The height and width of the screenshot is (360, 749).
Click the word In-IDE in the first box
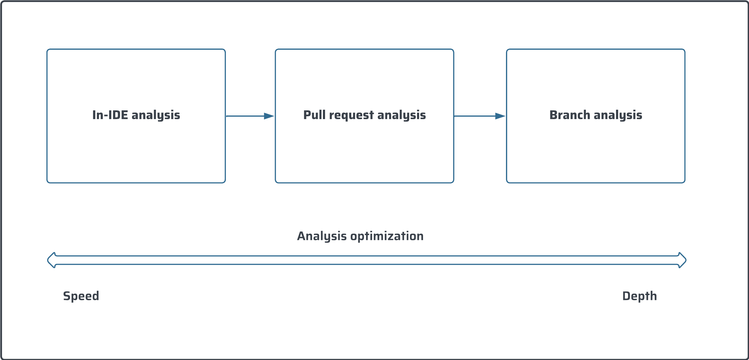pos(110,115)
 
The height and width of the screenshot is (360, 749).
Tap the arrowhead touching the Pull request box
pos(269,116)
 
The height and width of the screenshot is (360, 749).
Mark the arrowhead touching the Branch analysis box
pos(500,116)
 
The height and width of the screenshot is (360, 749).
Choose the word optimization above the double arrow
pos(387,236)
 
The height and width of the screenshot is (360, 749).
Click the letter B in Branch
pos(553,115)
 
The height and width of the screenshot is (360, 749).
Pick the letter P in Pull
pos(307,115)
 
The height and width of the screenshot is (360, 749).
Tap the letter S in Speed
pos(66,296)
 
